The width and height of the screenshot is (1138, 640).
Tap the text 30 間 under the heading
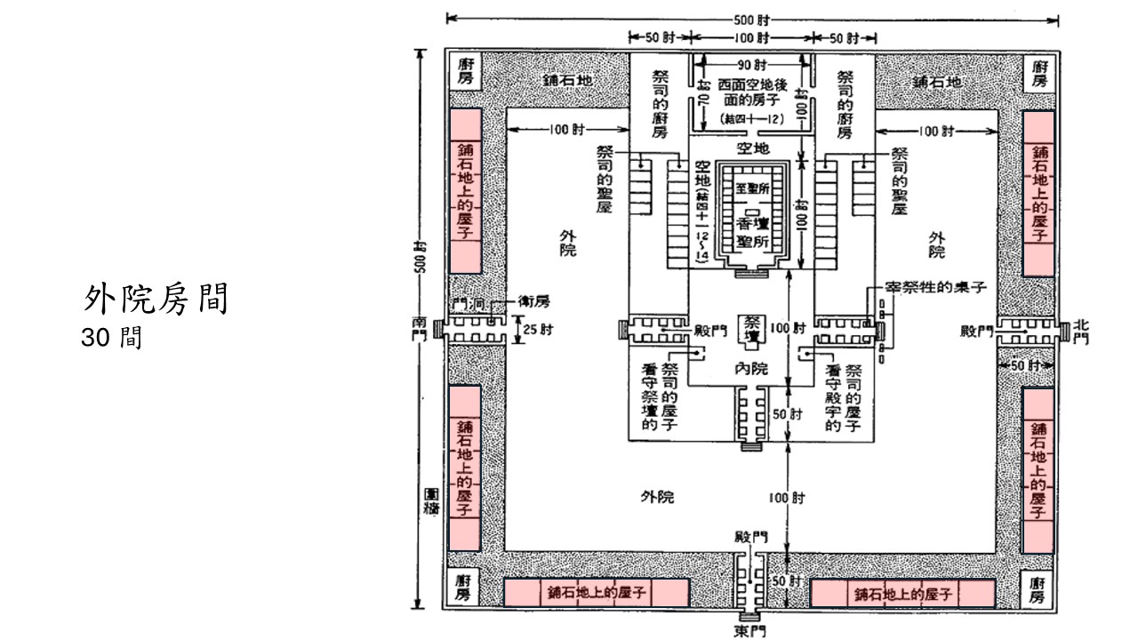point(111,339)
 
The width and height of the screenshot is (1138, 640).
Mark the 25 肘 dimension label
point(535,332)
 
